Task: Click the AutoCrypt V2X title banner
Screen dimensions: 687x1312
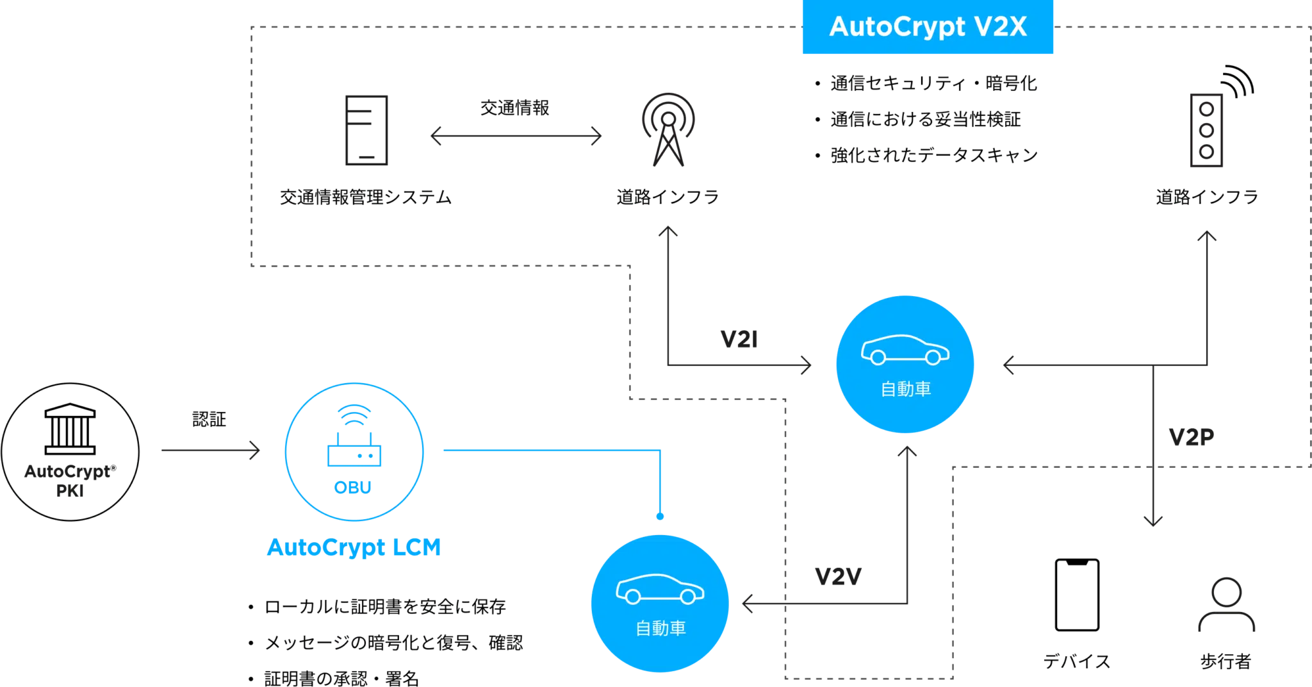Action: [927, 28]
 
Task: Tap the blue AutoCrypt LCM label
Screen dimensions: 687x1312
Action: [354, 548]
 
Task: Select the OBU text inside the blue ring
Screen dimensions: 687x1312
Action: [353, 488]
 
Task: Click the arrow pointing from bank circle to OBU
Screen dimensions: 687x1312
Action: [210, 452]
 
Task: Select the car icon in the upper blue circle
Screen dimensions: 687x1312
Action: [905, 350]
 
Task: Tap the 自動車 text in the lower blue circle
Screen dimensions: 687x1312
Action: [660, 628]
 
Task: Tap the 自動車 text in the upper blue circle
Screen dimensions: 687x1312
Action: [905, 389]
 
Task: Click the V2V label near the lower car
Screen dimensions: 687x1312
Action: [839, 576]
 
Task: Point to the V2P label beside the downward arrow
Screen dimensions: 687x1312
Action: [1190, 436]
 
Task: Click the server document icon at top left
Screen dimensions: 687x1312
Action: [366, 131]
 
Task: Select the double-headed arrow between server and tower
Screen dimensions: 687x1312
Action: [516, 137]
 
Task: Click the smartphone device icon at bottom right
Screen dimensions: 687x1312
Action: [1076, 595]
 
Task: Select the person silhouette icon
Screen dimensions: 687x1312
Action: [1225, 606]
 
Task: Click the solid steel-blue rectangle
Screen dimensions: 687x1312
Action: [721, 479]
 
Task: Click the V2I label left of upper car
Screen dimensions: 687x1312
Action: [739, 338]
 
